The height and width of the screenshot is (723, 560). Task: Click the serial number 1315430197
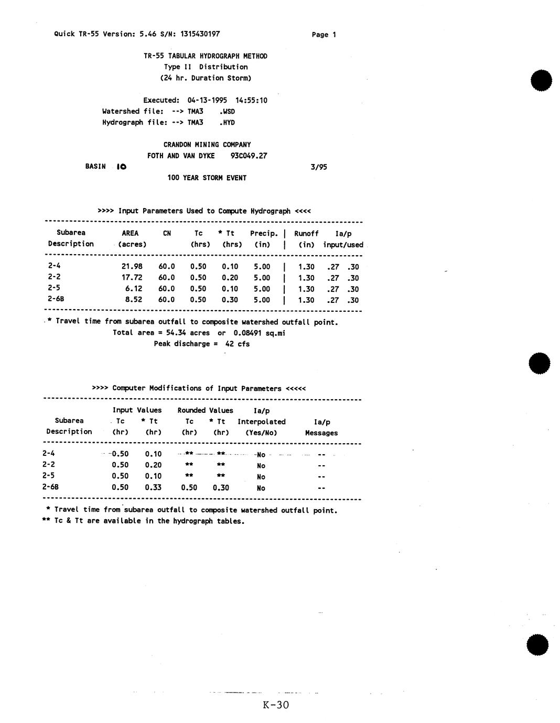200,34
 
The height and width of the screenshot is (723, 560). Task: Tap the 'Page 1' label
324,35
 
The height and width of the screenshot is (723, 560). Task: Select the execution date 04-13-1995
207,100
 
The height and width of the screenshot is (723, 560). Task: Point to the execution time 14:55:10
251,100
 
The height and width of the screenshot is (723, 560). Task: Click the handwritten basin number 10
121,167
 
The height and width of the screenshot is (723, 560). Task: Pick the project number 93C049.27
249,156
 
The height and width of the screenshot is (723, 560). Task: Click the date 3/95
318,167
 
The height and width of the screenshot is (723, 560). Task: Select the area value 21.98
132,267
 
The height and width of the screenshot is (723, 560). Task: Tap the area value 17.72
132,278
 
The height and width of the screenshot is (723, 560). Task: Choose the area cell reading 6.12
134,289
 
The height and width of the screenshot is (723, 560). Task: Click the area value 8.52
134,300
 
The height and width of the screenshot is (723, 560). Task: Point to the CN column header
167,233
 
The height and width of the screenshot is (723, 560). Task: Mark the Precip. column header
264,233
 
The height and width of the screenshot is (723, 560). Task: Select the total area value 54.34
177,333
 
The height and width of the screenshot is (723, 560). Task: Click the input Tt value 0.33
153,487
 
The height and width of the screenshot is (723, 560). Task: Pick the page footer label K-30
276,705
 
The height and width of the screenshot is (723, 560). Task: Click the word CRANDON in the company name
178,145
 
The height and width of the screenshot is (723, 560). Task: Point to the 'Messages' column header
321,433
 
